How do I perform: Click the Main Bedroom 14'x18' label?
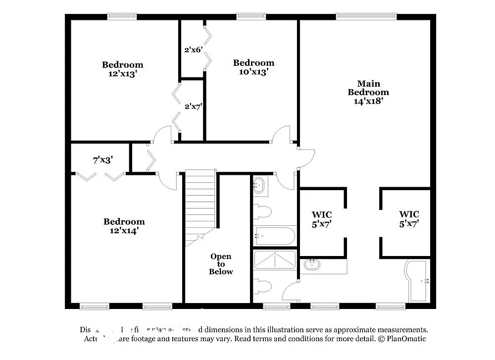pyautogui.click(x=368, y=92)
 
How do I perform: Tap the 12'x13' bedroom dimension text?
pyautogui.click(x=123, y=74)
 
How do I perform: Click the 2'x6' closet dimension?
pyautogui.click(x=193, y=50)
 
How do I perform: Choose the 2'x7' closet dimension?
pyautogui.click(x=193, y=106)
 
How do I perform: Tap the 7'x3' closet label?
pyautogui.click(x=103, y=160)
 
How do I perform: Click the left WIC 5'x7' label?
pyautogui.click(x=321, y=219)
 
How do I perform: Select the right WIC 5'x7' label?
pyautogui.click(x=409, y=219)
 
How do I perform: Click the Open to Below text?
pyautogui.click(x=221, y=264)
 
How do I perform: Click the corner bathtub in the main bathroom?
pyautogui.click(x=417, y=281)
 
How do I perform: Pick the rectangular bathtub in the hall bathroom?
pyautogui.click(x=274, y=235)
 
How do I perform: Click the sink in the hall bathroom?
pyautogui.click(x=259, y=186)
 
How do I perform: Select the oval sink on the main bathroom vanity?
pyautogui.click(x=312, y=264)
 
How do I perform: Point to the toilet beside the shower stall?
pyautogui.click(x=262, y=286)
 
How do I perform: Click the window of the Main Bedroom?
pyautogui.click(x=366, y=16)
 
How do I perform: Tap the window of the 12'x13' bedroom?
pyautogui.click(x=122, y=16)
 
